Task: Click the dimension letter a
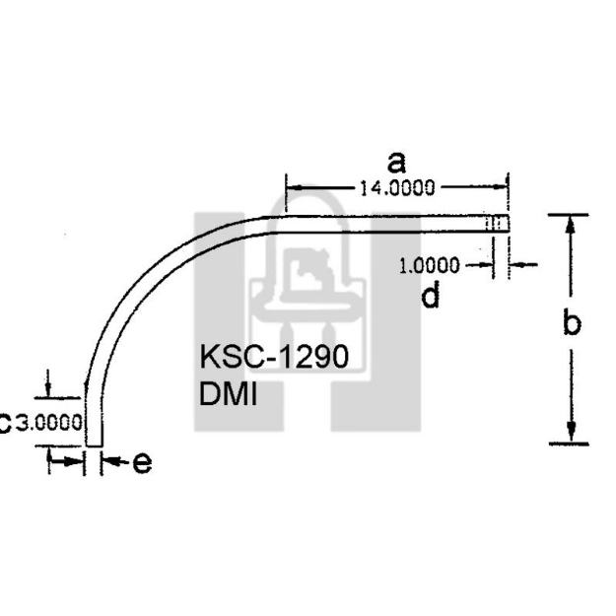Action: point(396,162)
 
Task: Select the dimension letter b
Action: point(572,323)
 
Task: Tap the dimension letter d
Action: point(431,296)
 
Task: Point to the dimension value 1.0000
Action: point(430,264)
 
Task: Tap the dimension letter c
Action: point(5,423)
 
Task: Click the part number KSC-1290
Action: point(273,357)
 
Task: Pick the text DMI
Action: point(228,394)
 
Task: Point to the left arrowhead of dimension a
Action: point(292,187)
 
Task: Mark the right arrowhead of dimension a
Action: point(500,187)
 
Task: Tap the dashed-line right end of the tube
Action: point(499,225)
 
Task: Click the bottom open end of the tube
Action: point(94,445)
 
